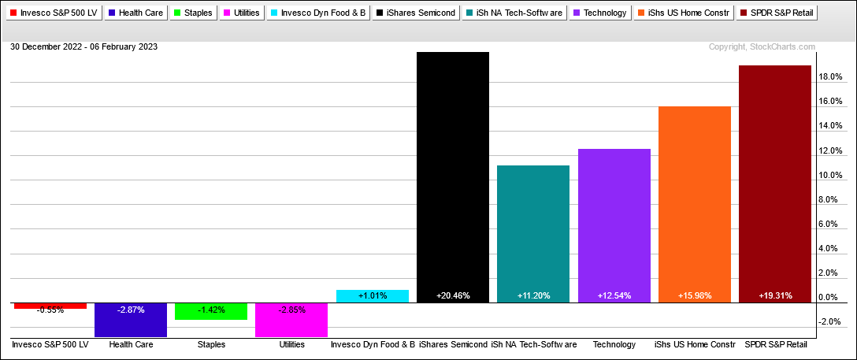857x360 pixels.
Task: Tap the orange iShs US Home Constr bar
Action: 694,204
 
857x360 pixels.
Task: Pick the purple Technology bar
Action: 614,225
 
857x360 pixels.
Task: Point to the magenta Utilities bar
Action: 292,320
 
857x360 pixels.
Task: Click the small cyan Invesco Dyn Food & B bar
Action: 373,296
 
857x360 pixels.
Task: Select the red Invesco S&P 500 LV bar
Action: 50,306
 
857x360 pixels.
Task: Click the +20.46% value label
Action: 453,295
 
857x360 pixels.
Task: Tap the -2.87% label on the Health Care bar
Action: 131,310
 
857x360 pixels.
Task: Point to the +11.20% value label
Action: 533,295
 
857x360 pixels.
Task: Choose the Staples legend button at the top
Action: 192,13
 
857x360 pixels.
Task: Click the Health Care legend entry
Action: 137,13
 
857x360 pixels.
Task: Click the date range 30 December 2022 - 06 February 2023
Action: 84,47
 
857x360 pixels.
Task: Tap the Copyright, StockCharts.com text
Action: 762,47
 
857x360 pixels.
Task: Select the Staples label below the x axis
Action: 211,345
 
